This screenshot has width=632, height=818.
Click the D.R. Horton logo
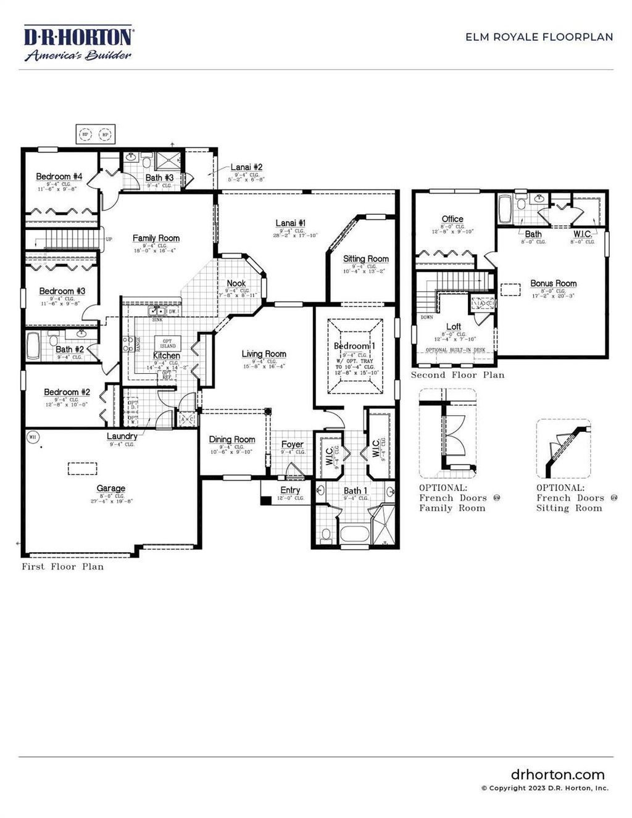78,43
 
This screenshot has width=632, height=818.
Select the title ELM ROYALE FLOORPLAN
539,37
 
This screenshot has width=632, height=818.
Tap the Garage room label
111,488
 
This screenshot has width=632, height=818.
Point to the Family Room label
156,238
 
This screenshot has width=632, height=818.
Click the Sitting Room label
366,258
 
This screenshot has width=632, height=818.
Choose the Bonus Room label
554,283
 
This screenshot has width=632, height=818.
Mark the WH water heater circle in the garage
33,437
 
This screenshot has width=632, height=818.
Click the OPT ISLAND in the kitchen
168,343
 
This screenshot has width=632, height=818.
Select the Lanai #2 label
246,167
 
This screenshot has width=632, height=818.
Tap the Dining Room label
232,439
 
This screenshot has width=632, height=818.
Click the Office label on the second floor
452,219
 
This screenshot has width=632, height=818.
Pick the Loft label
454,326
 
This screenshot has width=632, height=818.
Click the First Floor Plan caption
63,566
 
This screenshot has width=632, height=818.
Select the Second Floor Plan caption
457,375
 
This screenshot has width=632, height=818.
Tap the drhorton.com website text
557,775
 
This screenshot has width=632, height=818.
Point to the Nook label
236,284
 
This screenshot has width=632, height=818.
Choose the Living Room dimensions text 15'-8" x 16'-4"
264,366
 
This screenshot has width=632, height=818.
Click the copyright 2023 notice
544,788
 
